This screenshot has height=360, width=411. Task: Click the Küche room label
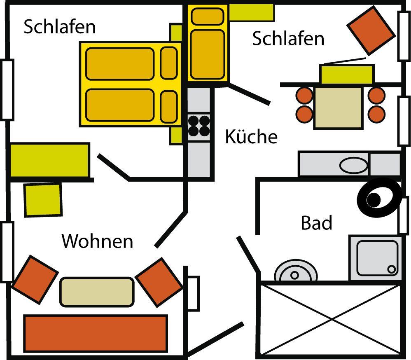click(x=251, y=136)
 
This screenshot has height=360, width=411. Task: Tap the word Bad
click(x=316, y=223)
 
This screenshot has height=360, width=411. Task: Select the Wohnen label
click(x=98, y=241)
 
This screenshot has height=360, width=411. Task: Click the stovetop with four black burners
click(x=199, y=126)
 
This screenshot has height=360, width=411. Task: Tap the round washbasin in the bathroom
click(x=295, y=272)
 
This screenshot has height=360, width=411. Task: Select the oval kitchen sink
click(x=354, y=165)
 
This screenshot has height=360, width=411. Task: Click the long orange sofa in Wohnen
click(x=96, y=333)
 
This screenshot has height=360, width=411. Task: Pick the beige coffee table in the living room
click(x=97, y=292)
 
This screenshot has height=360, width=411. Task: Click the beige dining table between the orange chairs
click(x=338, y=107)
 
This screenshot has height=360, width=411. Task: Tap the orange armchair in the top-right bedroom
click(x=370, y=30)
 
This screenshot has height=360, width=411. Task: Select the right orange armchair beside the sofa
click(x=159, y=282)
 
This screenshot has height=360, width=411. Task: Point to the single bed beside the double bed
click(x=208, y=43)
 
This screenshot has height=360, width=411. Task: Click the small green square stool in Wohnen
click(x=43, y=200)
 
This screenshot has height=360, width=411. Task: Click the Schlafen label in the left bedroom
click(x=59, y=27)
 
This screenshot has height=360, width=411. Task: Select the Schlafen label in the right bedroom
click(x=288, y=39)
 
